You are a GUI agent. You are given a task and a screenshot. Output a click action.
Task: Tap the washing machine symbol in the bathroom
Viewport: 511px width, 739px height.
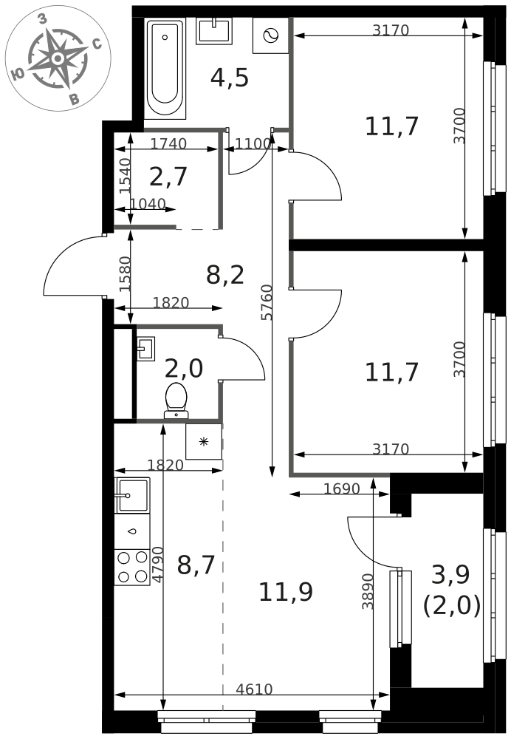coord(271,35)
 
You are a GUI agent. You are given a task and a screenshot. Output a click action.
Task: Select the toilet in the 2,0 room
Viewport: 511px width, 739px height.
coord(176,401)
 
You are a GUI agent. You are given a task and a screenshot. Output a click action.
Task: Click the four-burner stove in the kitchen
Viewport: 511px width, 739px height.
coord(132,568)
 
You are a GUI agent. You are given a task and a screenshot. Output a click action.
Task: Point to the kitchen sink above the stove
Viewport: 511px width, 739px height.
coord(132,495)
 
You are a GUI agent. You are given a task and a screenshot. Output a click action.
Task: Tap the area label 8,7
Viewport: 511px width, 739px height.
coord(196,565)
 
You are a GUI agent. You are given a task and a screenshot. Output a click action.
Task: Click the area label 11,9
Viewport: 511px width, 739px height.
coord(286,591)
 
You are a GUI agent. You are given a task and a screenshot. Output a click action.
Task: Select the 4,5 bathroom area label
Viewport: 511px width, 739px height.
coord(230,78)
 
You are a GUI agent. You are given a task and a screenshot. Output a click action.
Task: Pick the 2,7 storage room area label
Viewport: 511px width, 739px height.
coord(168,177)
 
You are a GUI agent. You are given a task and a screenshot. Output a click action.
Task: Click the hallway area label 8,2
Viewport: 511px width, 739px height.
coord(225,275)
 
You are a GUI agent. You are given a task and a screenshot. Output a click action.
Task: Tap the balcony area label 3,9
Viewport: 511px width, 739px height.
coord(450,574)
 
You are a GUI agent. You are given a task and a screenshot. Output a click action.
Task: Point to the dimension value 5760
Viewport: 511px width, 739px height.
coord(267,302)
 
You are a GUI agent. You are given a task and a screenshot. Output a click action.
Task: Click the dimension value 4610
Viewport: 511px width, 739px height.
coord(254,689)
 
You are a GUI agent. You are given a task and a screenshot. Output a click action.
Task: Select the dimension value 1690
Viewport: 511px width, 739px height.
coord(342,488)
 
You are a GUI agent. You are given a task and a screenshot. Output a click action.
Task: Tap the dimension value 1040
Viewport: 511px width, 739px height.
coord(148,204)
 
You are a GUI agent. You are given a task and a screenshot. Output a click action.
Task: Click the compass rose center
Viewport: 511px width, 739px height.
coord(58,58)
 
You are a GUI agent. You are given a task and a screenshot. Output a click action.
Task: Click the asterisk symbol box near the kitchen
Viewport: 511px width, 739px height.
coord(204,442)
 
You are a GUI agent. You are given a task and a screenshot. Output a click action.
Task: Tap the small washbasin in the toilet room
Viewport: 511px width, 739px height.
coord(146,349)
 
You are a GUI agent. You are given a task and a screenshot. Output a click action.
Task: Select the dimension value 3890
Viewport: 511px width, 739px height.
coord(368,591)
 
